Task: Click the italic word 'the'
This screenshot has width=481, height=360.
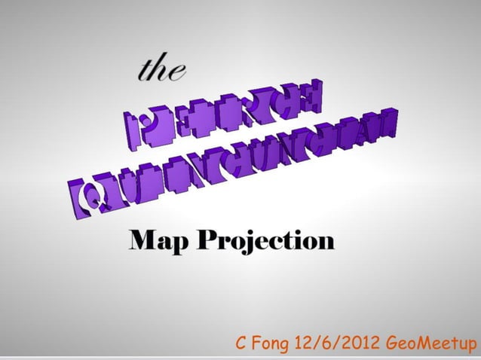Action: (161, 69)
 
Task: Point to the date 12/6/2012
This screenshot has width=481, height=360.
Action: (340, 345)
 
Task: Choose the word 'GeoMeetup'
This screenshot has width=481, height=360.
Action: (430, 345)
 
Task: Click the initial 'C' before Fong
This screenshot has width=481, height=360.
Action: (243, 345)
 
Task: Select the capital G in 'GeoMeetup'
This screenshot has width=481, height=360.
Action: (392, 345)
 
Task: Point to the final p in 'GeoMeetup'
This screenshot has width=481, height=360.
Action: (471, 346)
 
